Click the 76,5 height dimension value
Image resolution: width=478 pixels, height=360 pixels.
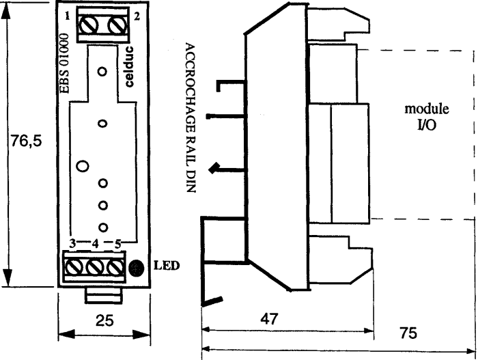[26, 141]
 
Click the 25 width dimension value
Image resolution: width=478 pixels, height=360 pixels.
[104, 320]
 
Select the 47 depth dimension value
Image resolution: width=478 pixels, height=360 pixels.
[269, 319]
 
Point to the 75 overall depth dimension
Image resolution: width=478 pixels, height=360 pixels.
[408, 333]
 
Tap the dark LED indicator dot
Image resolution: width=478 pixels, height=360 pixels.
[137, 268]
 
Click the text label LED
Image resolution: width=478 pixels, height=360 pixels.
[167, 266]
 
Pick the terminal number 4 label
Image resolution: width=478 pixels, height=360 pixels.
[96, 244]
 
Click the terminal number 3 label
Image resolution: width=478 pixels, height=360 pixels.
[72, 243]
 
